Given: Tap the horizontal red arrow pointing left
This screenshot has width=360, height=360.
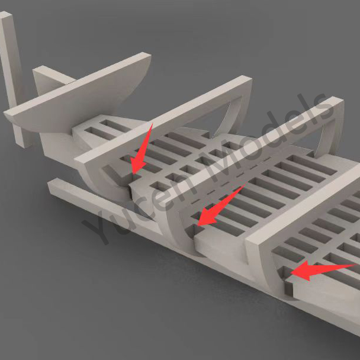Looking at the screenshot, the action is (322, 270).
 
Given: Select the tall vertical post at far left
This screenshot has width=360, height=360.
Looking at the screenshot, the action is (12, 78).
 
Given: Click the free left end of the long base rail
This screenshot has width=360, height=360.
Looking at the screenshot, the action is (52, 186).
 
